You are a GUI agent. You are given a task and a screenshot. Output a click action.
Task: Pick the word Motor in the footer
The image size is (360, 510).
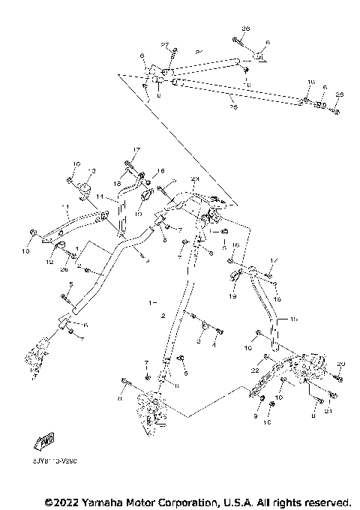[x=147, y=500]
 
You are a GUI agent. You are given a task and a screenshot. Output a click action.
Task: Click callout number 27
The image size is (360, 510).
[x=165, y=46]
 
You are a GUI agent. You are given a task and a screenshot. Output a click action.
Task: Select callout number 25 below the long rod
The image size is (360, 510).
[x=232, y=107]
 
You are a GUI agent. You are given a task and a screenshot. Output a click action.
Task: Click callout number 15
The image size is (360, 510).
[x=294, y=319]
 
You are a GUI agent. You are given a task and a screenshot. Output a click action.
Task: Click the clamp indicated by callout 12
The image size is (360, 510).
[x=58, y=247]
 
